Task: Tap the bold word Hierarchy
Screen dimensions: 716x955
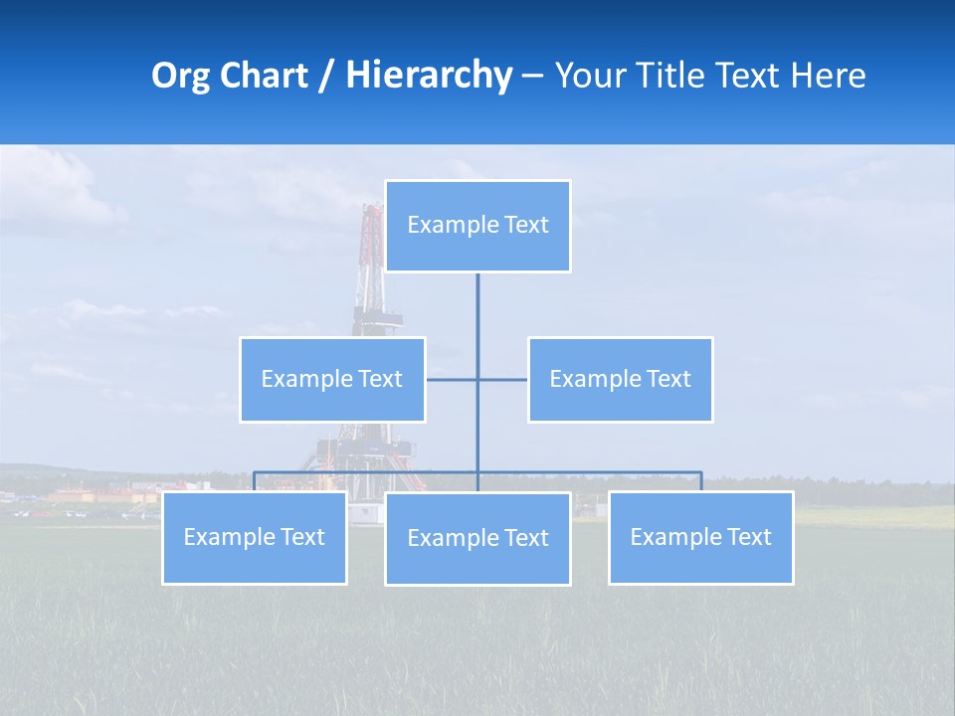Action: [429, 76]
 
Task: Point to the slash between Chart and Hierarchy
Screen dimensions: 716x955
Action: [326, 76]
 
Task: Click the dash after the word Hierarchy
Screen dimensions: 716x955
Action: [532, 76]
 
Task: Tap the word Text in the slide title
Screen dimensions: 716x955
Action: [748, 76]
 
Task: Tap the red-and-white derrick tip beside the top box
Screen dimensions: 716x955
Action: [373, 213]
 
